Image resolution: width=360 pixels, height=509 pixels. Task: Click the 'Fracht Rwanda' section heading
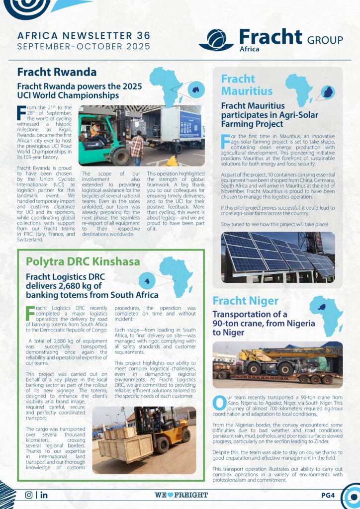(57, 72)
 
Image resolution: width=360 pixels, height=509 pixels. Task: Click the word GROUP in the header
(325, 40)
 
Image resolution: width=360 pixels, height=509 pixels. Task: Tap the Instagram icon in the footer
(28, 495)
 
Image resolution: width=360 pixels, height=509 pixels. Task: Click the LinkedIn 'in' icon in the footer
(44, 495)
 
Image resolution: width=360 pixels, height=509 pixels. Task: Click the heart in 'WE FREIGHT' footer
(171, 495)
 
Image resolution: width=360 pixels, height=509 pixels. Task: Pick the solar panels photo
(277, 257)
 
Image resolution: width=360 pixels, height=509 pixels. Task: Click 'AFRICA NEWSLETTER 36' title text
(83, 36)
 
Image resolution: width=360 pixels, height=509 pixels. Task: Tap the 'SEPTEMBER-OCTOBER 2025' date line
(83, 47)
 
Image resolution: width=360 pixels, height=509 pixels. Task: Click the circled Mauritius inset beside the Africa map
(327, 92)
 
